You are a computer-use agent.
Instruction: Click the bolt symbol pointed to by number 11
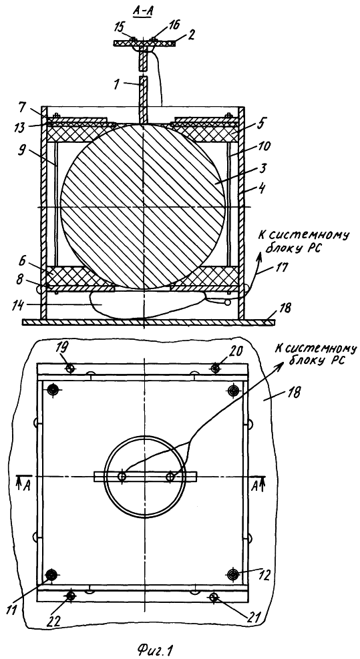pyautogui.click(x=52, y=574)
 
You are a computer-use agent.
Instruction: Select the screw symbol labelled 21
pyautogui.click(x=215, y=596)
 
